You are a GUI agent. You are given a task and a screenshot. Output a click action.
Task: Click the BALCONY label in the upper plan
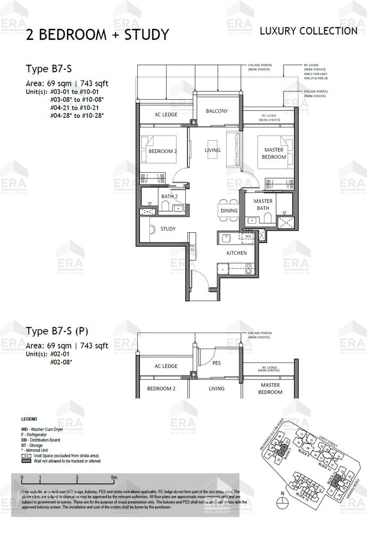click(x=217, y=111)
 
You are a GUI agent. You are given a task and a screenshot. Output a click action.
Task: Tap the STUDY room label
click(x=168, y=229)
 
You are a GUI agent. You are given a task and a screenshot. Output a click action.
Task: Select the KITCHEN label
click(x=236, y=253)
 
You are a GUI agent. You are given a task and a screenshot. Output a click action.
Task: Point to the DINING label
click(x=229, y=211)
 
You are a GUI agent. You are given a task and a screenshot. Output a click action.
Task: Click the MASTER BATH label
click(x=263, y=205)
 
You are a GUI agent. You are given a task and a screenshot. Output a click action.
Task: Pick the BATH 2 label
click(x=169, y=197)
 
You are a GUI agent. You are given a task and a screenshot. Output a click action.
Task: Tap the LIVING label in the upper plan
click(x=212, y=150)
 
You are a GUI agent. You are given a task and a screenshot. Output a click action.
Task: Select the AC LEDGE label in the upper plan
click(x=166, y=115)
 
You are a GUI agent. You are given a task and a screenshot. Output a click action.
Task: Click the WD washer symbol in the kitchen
click(x=247, y=236)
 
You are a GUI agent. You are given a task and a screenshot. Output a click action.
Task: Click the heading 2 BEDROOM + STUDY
click(x=97, y=35)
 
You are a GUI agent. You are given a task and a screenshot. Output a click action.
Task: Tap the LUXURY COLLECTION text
click(x=308, y=31)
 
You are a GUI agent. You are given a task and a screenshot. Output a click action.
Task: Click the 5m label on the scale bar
click(x=114, y=477)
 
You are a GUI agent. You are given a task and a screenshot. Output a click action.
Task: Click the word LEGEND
click(x=29, y=419)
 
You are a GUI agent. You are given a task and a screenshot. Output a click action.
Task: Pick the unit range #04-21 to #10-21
click(x=74, y=107)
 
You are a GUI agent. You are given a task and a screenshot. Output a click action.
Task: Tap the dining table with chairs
click(x=229, y=203)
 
